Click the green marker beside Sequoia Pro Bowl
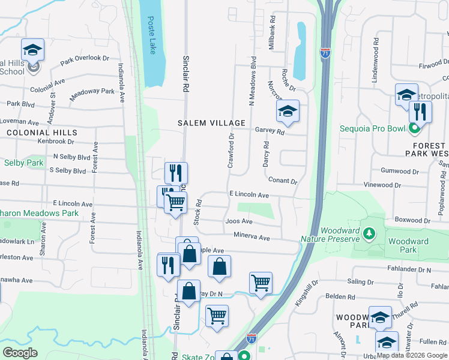click(414, 127)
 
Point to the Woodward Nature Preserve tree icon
click(370, 232)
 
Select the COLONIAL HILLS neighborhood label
click(41, 133)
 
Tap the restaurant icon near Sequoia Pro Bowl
click(420, 111)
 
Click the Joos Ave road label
click(238, 221)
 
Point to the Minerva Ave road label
click(252, 238)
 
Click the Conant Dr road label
click(283, 181)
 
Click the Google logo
click(20, 353)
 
